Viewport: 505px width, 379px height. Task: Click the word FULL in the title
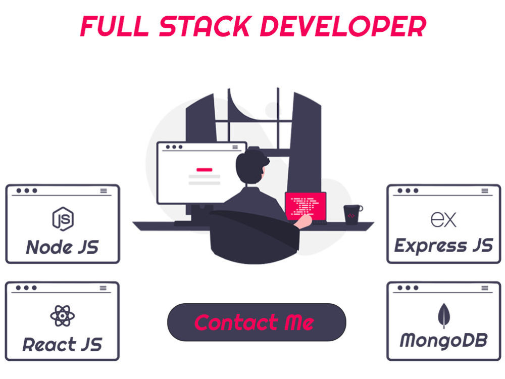pyautogui.click(x=114, y=26)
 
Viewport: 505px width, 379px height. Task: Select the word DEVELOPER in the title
pyautogui.click(x=343, y=26)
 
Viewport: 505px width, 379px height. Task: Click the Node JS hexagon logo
pyautogui.click(x=63, y=219)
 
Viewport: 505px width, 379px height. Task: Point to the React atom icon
pyautogui.click(x=63, y=316)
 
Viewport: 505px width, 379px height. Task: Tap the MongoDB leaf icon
pyautogui.click(x=444, y=316)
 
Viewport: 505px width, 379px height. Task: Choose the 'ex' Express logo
pyautogui.click(x=443, y=219)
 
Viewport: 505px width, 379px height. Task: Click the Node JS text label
pyautogui.click(x=63, y=247)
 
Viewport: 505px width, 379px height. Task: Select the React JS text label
pyautogui.click(x=63, y=345)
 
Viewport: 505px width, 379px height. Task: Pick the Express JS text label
pyautogui.click(x=443, y=246)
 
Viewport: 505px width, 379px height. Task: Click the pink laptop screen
pyautogui.click(x=306, y=206)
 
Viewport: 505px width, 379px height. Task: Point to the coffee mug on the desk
pyautogui.click(x=352, y=214)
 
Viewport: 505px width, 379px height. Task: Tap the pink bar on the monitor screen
pyautogui.click(x=205, y=169)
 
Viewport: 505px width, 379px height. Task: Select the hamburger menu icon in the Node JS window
pyautogui.click(x=104, y=191)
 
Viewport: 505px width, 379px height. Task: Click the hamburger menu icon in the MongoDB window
pyautogui.click(x=485, y=288)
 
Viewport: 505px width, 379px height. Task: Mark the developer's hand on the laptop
pyautogui.click(x=303, y=221)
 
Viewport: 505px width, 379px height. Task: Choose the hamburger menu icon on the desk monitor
pyautogui.click(x=235, y=147)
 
